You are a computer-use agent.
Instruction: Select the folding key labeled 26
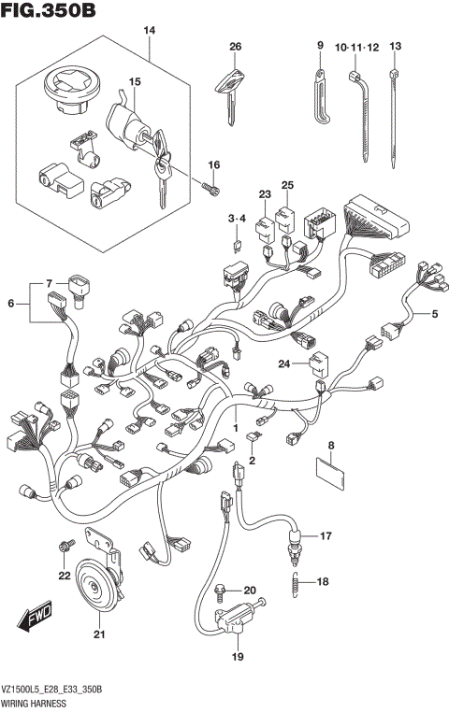click(x=228, y=88)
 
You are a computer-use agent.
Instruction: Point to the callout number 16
click(x=214, y=165)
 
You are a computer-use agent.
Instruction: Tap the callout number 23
click(x=265, y=195)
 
